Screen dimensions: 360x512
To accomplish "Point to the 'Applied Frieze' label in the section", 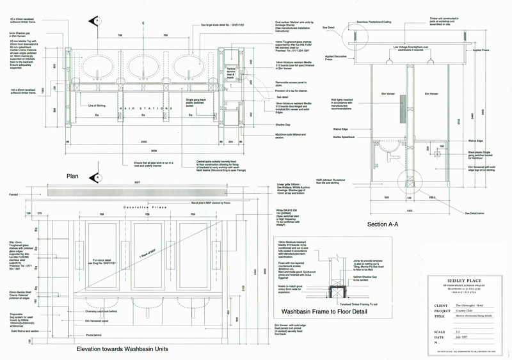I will point(481,50).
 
